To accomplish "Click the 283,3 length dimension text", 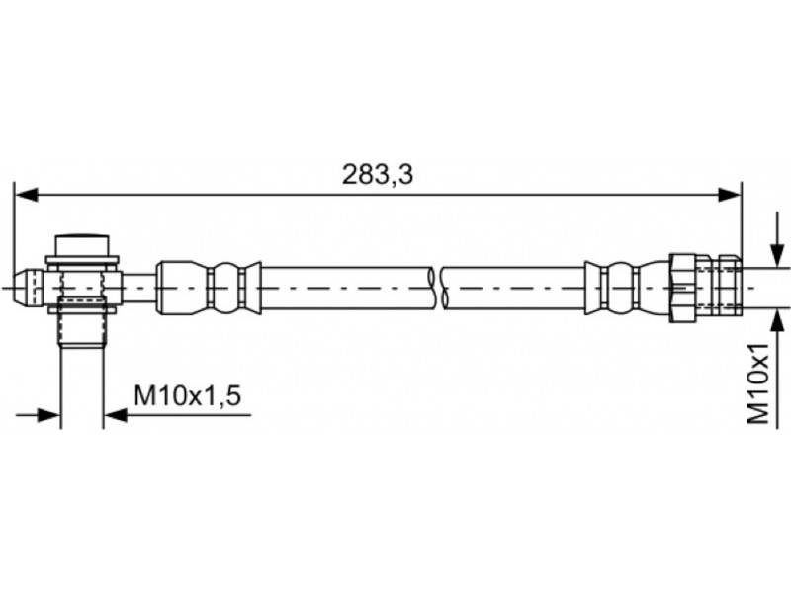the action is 378,175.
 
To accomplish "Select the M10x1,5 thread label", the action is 187,396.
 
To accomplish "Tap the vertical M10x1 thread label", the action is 757,383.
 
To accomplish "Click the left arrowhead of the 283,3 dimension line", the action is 27,195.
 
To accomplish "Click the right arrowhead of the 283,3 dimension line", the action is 730,195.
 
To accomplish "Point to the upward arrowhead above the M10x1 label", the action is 777,322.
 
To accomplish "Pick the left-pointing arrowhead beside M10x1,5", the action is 116,415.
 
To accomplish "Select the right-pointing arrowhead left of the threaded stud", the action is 48,415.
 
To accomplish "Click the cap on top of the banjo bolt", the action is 82,245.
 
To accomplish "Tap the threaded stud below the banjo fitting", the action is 82,323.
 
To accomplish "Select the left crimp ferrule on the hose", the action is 209,288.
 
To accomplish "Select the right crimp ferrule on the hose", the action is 627,288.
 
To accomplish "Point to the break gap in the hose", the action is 437,288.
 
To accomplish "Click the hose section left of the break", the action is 347,288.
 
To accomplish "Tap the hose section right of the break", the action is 513,288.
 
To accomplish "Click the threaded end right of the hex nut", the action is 719,288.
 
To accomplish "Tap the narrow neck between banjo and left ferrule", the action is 138,288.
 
